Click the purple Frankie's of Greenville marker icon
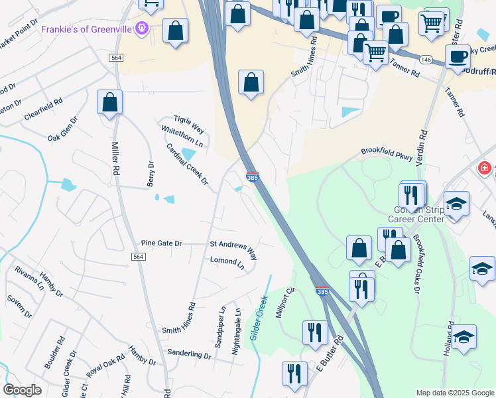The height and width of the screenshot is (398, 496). [x=141, y=29]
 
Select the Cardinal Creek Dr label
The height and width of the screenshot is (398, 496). [x=187, y=164]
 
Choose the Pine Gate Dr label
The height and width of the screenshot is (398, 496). [x=161, y=243]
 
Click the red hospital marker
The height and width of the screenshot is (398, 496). [x=485, y=168]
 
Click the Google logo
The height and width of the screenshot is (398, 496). [x=22, y=390]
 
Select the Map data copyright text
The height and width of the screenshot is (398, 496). [x=454, y=393]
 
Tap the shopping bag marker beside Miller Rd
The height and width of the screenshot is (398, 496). [x=109, y=103]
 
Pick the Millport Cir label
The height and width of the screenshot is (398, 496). [x=285, y=302]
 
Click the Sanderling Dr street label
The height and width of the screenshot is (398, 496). [x=188, y=354]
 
